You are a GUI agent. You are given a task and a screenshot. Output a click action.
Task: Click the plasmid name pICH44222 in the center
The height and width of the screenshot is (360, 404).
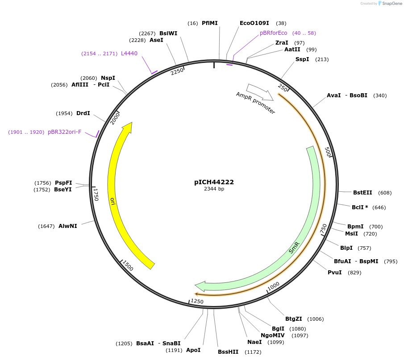[x=214, y=182]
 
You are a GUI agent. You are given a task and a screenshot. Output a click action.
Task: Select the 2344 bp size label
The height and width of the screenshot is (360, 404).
[x=214, y=189]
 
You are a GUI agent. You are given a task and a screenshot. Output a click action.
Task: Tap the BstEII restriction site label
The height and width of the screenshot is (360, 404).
[x=362, y=193]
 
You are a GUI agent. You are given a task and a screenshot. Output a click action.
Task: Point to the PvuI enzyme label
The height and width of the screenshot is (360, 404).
[x=334, y=273]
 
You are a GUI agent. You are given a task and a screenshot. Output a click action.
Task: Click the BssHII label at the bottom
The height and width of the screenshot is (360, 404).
[x=228, y=352]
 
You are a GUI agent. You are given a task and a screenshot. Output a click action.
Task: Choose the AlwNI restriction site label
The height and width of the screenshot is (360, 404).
[x=67, y=226]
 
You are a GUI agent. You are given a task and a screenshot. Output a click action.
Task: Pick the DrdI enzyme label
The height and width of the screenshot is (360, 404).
[x=83, y=113]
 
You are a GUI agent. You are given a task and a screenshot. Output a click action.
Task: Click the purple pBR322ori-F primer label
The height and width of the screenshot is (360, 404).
[x=64, y=132]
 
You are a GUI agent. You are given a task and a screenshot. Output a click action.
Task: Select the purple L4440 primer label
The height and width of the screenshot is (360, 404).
[x=129, y=54]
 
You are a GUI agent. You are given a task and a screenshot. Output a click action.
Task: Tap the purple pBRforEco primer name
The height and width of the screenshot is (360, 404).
[x=274, y=33]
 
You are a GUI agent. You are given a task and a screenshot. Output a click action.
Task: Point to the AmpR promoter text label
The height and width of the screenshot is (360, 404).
[x=256, y=103]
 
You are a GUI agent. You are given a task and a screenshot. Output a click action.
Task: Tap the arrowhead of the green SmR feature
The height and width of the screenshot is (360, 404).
[x=200, y=286]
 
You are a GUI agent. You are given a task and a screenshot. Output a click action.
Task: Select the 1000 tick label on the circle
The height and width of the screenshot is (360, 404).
[x=273, y=285]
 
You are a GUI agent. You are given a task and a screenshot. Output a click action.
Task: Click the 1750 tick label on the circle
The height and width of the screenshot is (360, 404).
[x=96, y=194]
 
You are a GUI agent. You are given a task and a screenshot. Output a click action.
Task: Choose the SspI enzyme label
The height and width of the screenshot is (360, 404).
[x=302, y=59]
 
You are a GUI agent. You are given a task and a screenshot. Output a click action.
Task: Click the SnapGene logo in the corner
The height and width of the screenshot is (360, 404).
[x=388, y=4]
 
